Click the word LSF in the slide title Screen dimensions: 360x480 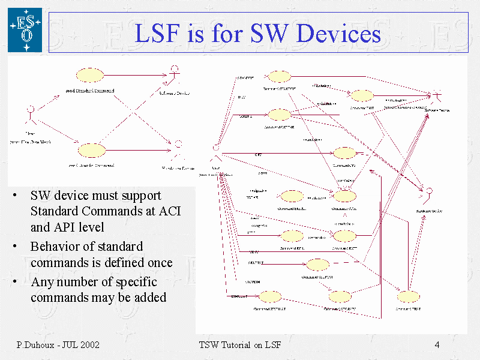(157, 33)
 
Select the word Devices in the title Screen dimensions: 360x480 (340, 33)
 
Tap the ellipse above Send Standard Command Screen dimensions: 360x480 (91, 75)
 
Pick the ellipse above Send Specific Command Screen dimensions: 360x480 (92, 149)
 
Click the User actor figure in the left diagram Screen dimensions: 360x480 (30, 113)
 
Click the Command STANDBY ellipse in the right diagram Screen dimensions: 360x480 (279, 76)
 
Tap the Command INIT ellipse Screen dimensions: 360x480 (362, 95)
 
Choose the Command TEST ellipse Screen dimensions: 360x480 (408, 296)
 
